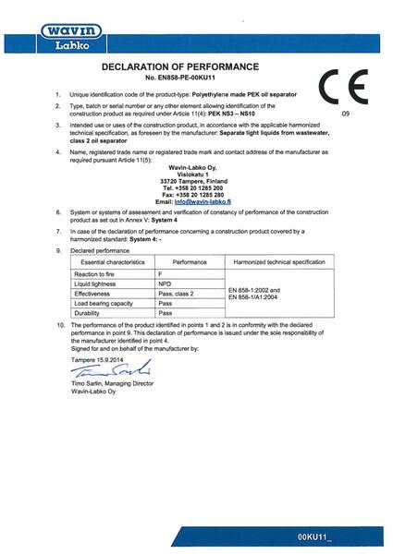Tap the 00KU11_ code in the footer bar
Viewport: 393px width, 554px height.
[343, 536]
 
